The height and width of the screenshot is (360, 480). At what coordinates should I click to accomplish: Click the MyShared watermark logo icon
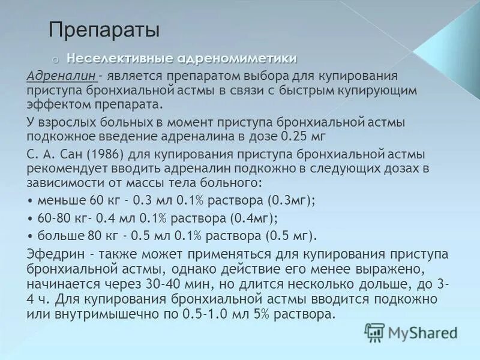[374, 332]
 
